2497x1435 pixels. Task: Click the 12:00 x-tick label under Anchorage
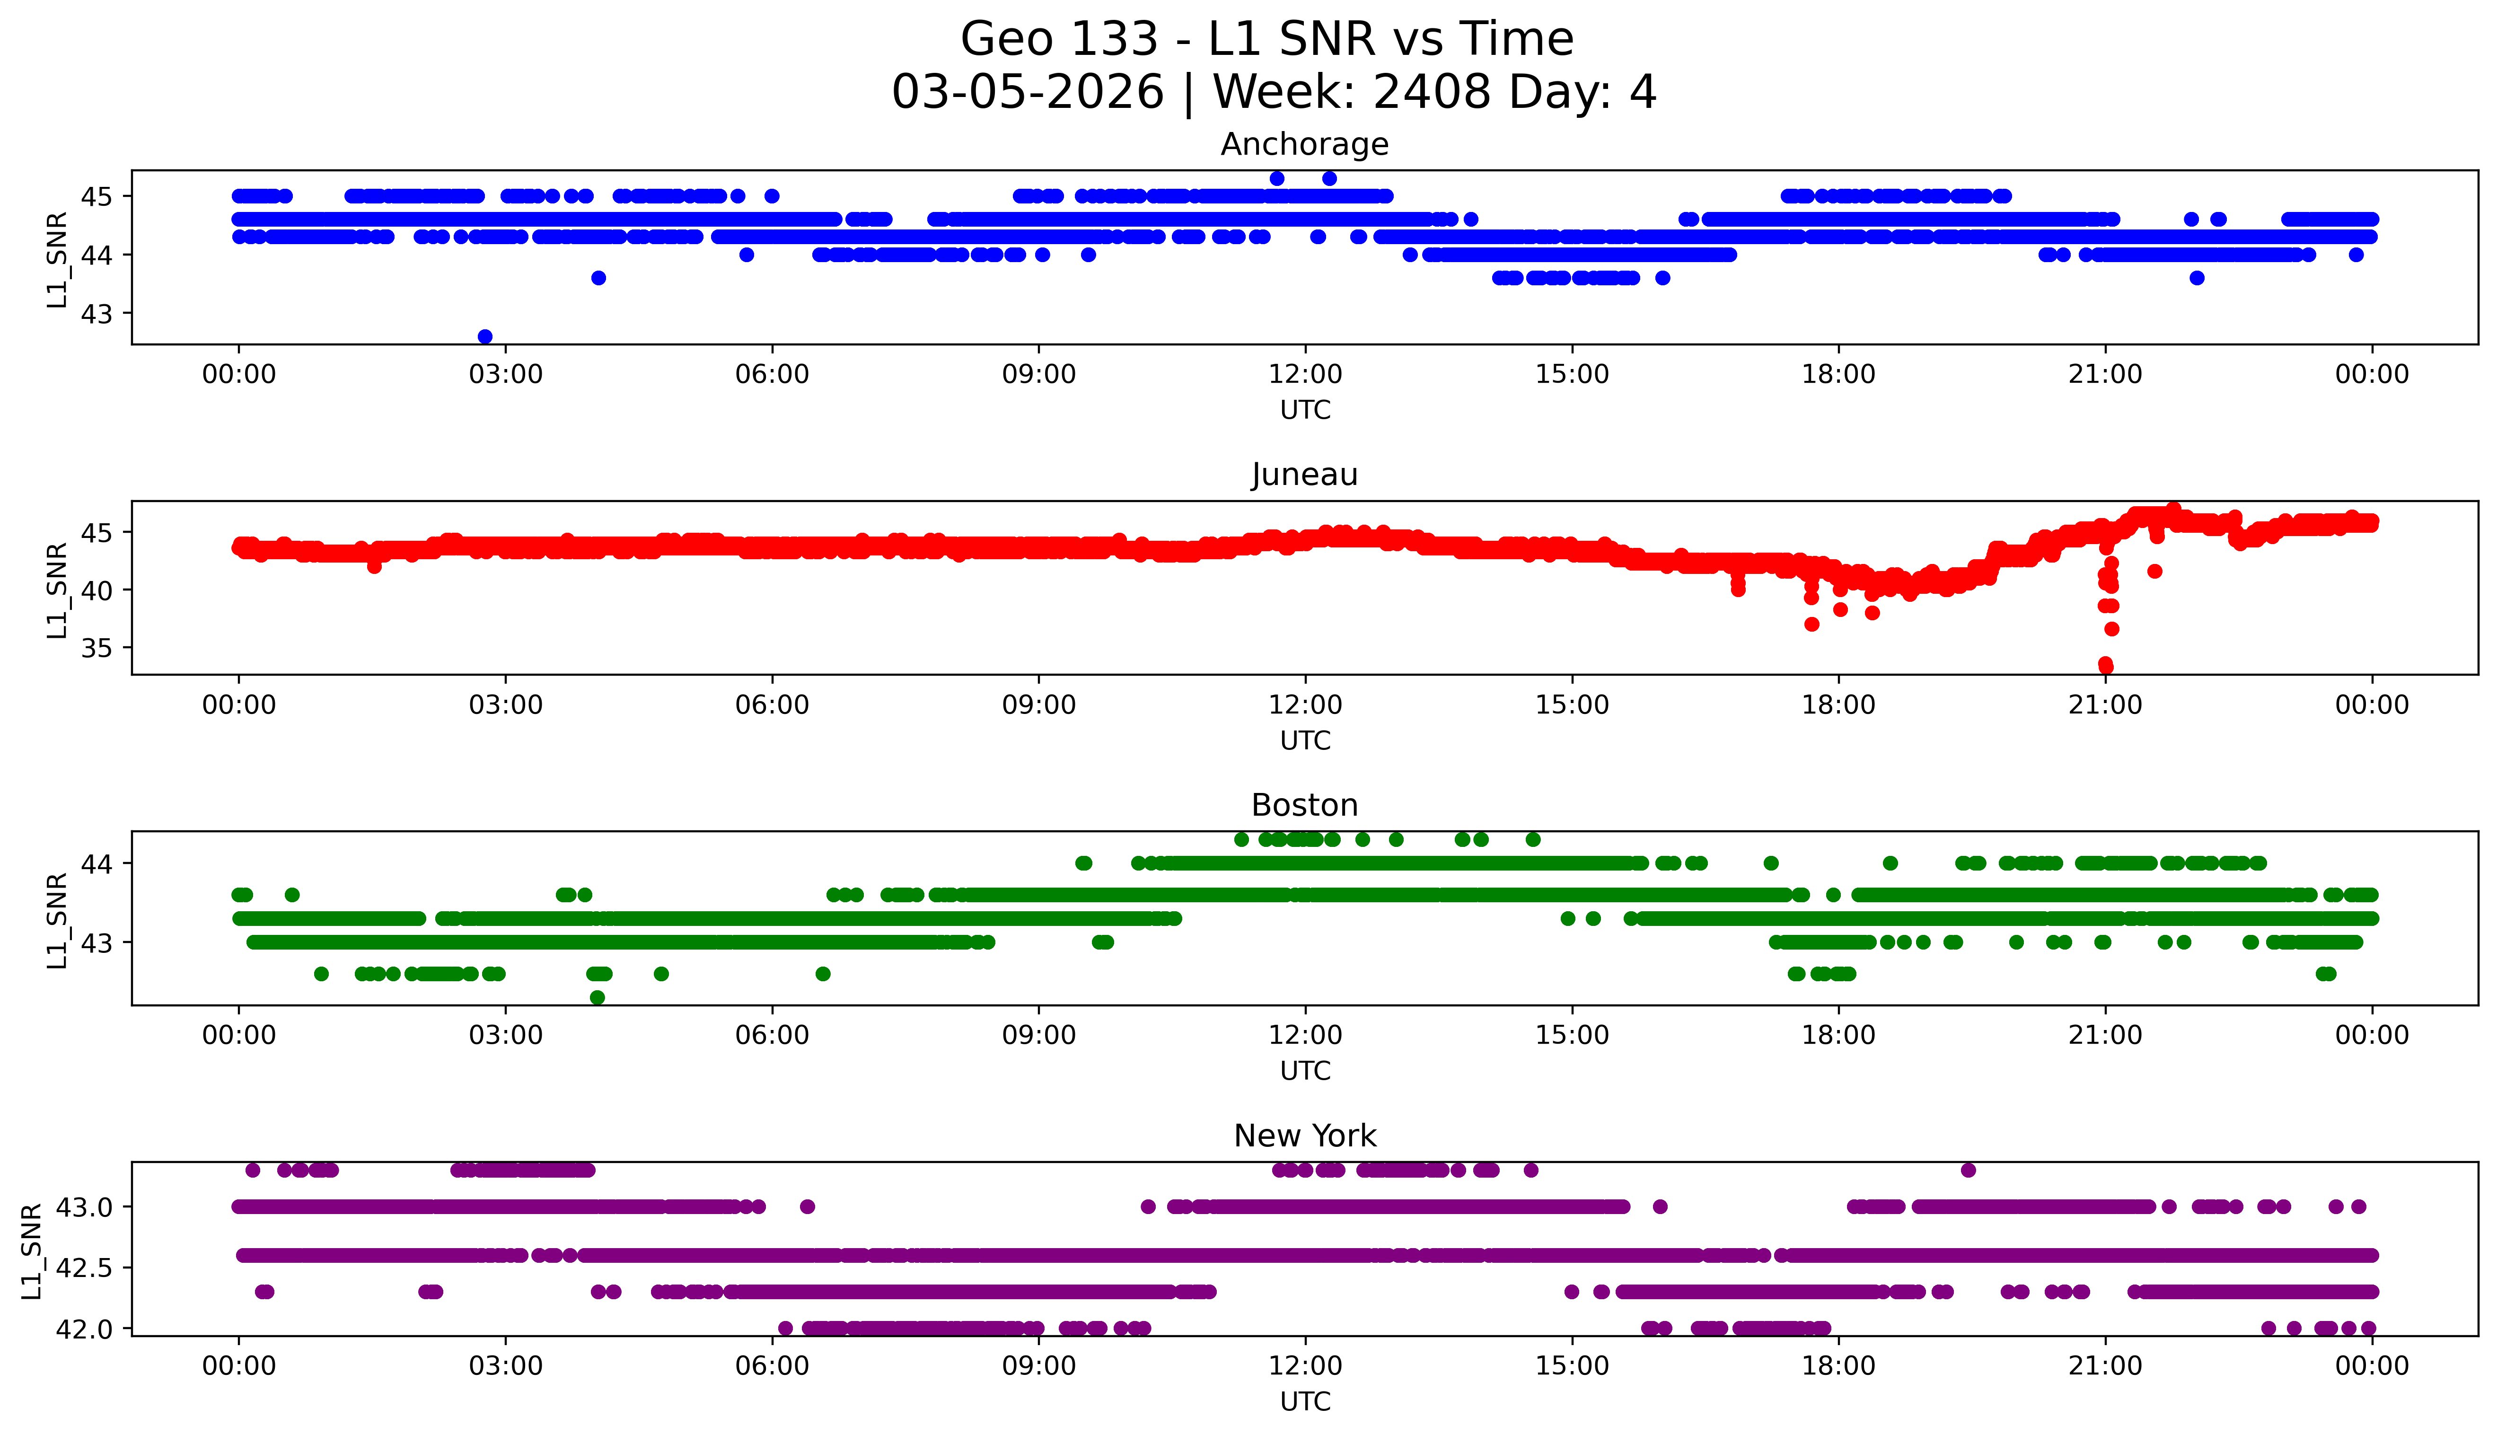(1305, 375)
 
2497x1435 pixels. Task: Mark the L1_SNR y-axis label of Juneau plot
(57, 590)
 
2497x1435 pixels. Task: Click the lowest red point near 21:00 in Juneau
(2106, 667)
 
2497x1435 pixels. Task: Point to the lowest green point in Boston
(597, 997)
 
